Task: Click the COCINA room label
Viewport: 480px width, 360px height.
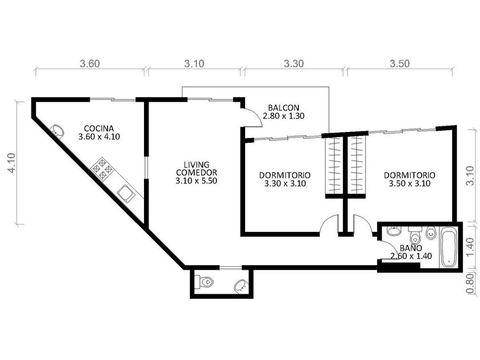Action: point(99,128)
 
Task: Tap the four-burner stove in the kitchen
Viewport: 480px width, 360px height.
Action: point(102,169)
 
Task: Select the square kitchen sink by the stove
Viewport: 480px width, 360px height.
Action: point(126,194)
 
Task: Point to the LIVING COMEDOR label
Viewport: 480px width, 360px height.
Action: point(197,169)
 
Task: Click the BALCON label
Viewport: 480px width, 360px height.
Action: point(283,108)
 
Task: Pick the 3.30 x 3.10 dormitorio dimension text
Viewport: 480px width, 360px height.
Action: point(285,183)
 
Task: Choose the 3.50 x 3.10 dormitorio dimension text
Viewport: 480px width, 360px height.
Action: point(410,183)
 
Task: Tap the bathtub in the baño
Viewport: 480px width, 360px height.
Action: point(449,247)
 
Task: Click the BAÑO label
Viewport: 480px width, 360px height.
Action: point(411,247)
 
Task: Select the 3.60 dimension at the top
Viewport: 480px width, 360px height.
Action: point(90,63)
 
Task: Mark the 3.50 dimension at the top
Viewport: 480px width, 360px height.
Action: point(399,63)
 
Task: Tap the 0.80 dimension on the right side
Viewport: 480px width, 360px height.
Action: point(471,283)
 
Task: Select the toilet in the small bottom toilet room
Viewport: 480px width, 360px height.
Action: point(204,282)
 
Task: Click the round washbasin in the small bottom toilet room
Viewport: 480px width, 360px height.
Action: point(241,286)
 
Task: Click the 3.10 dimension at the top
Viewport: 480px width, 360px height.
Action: point(194,63)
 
